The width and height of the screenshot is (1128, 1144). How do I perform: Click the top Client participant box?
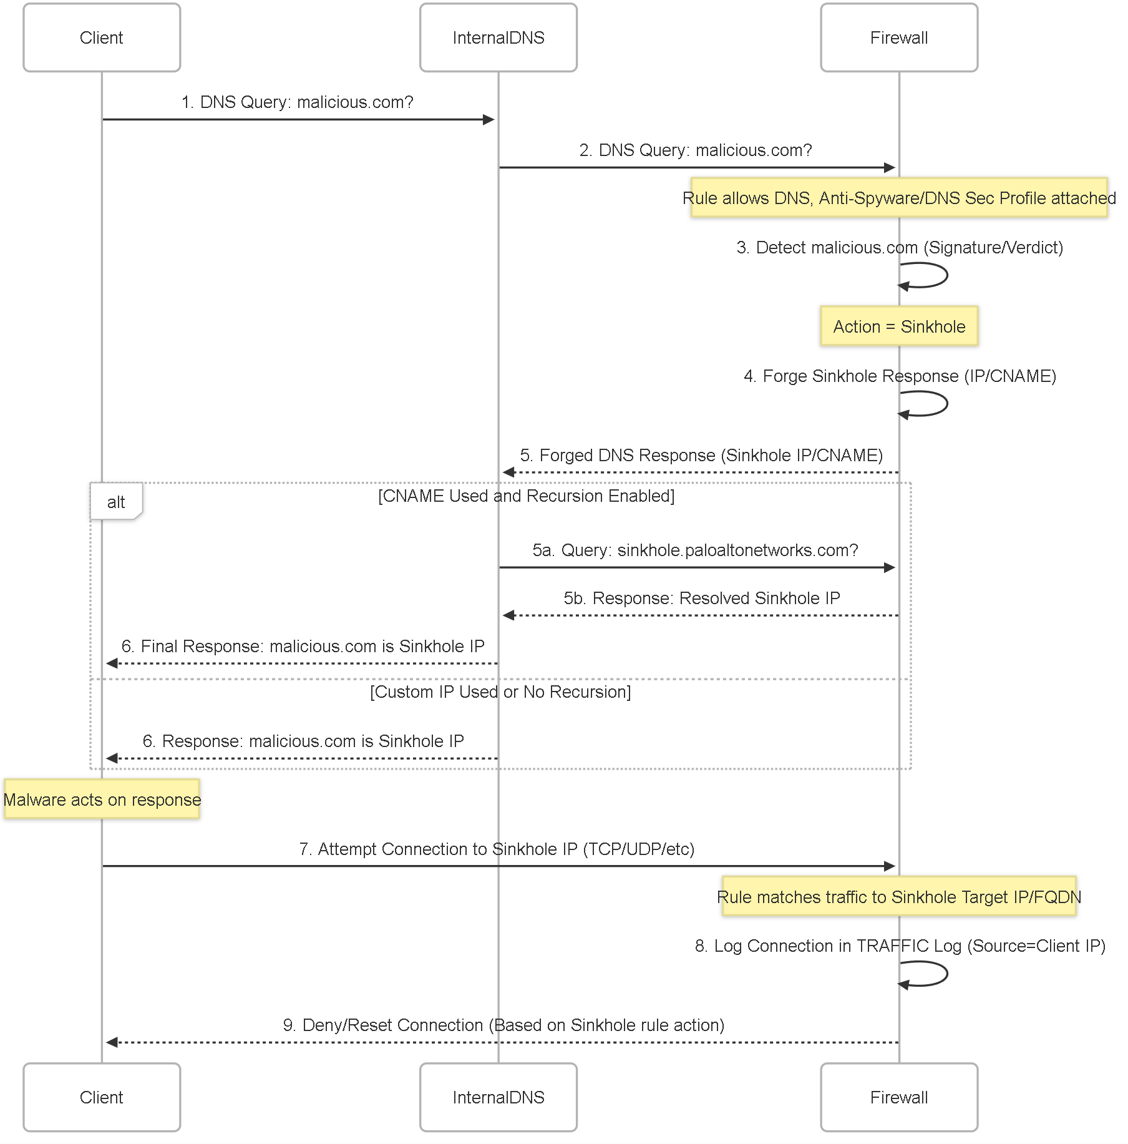102,37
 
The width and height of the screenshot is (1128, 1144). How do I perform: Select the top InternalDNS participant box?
498,37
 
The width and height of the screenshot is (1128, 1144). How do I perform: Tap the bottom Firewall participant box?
899,1097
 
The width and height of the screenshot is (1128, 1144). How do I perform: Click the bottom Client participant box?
102,1097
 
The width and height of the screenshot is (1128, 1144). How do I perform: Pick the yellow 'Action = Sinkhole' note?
899,326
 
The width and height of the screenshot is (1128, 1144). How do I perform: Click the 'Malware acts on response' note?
102,799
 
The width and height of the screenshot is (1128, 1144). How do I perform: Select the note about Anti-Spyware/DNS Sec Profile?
899,198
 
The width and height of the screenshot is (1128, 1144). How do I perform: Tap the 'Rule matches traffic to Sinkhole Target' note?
899,897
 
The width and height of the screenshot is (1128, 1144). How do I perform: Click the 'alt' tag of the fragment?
116,501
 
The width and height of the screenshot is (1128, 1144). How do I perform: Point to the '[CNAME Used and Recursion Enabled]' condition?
527,496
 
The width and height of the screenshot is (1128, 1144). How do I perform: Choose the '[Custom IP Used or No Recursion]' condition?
500,692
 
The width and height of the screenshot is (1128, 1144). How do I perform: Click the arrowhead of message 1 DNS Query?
489,119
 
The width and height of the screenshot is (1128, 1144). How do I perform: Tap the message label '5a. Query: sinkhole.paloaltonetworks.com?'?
695,550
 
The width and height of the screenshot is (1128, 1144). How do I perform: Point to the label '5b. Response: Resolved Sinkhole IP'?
702,599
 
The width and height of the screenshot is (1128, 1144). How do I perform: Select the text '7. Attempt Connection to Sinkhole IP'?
439,849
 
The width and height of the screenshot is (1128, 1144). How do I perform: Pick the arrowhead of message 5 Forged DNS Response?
508,472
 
